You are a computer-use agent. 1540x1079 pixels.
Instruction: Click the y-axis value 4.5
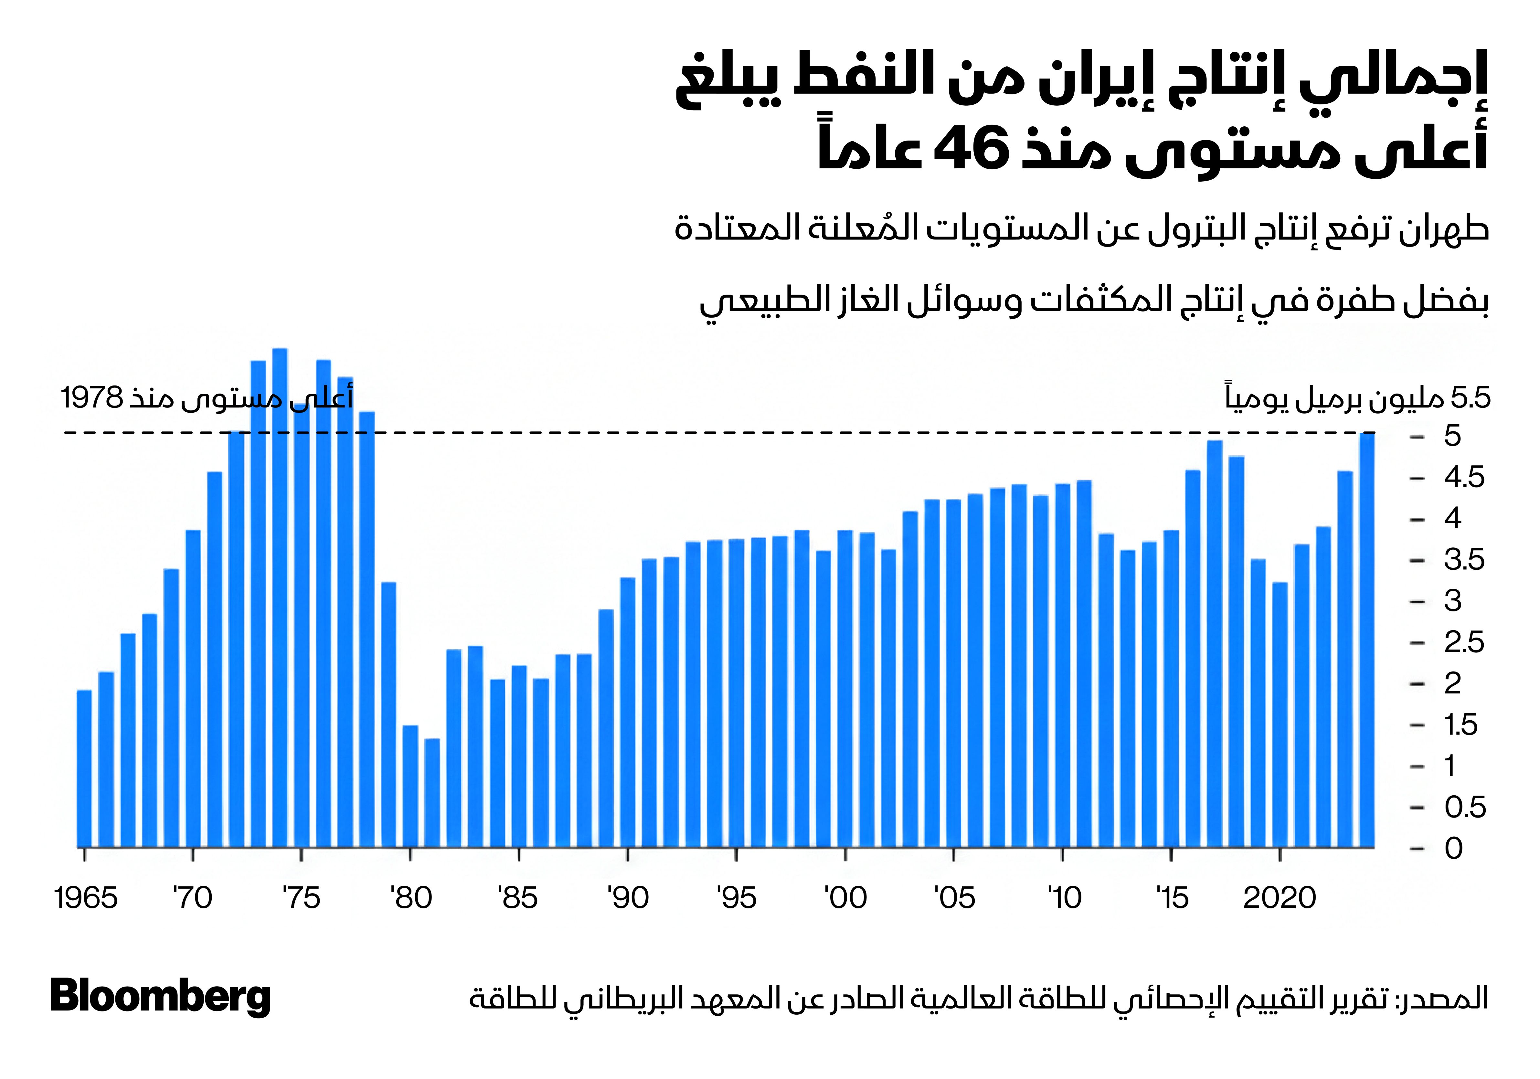(1464, 478)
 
